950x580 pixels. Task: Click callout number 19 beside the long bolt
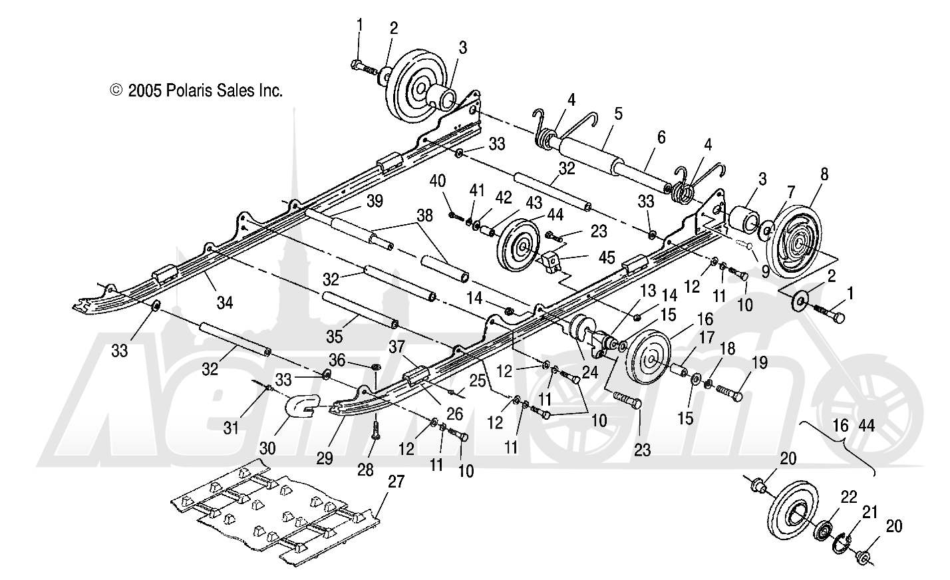tap(759, 363)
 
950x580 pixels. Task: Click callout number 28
tap(365, 470)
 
